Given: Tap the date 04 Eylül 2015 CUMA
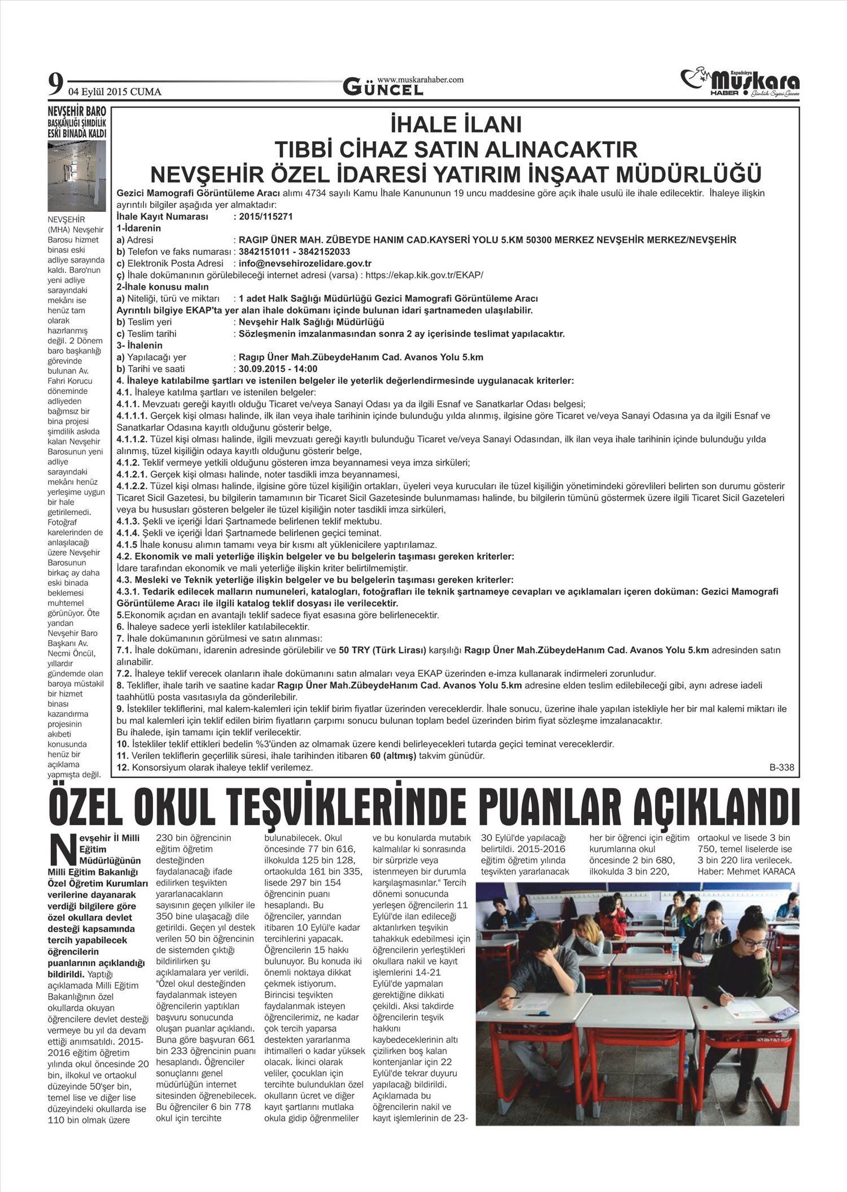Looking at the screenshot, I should tap(115, 92).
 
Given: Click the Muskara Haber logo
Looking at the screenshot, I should tap(740, 83).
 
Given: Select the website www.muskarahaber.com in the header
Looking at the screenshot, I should tap(420, 80).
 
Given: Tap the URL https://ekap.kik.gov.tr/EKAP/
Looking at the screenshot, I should tap(424, 275).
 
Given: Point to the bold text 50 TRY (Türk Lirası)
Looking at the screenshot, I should tap(382, 650).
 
